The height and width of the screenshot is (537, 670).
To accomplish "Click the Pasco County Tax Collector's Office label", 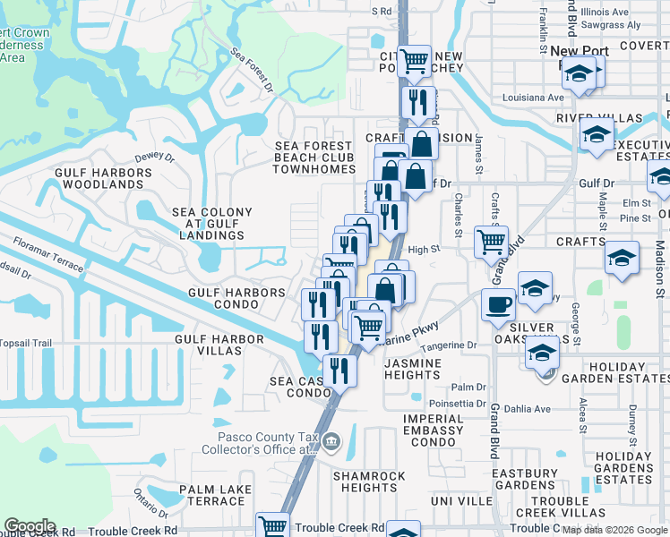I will point(268,443).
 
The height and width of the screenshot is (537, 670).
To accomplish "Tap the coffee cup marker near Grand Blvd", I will point(498,303).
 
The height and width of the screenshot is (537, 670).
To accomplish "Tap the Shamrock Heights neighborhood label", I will point(368,482).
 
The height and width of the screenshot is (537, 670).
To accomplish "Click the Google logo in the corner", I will point(30,526).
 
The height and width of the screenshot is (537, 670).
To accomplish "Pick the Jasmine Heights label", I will point(413,369).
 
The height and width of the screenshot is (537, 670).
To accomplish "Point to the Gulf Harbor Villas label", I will point(219,345).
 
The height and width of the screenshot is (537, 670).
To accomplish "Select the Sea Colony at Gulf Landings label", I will point(211,224).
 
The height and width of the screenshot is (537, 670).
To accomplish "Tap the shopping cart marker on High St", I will point(491,240).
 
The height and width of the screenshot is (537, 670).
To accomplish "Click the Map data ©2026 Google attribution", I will point(614,530).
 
